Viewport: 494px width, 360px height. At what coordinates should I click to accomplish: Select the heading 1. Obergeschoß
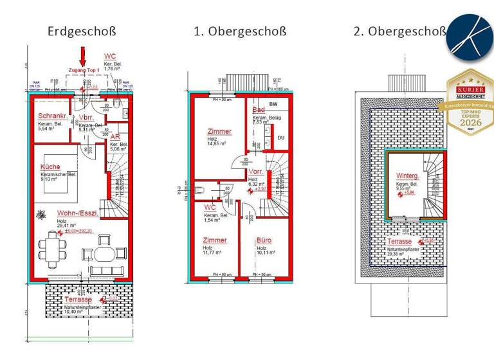(x=239, y=31)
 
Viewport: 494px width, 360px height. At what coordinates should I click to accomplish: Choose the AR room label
(x=115, y=137)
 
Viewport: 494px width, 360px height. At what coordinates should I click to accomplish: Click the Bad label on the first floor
(x=259, y=111)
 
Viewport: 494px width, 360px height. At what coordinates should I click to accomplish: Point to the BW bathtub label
(x=273, y=104)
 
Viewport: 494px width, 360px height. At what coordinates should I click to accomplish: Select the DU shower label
(x=280, y=138)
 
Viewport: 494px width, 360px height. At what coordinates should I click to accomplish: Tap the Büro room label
(x=264, y=240)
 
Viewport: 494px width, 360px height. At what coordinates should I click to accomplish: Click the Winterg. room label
(x=407, y=175)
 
